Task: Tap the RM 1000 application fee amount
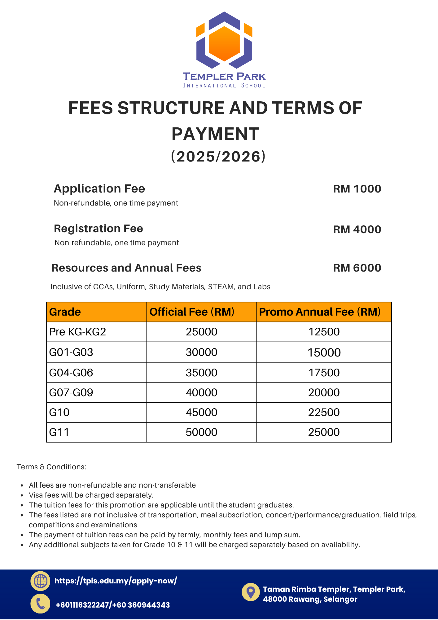coord(357,189)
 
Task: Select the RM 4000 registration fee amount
coord(357,229)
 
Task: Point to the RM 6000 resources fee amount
coord(357,268)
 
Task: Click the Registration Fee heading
coord(98,228)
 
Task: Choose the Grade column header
coord(65,312)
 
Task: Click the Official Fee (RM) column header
coord(192,312)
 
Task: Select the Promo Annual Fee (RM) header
coord(320,312)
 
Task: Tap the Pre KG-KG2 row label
coord(77,332)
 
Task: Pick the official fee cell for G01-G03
coord(201,352)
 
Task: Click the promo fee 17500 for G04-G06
coord(324,373)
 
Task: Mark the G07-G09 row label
coord(71,392)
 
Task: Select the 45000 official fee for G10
coord(201,412)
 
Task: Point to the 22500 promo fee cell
coord(324,412)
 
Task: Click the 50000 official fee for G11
coord(201,432)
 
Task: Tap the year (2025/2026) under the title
coord(218,157)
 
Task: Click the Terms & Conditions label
coord(51,467)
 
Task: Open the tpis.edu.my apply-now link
coord(116,581)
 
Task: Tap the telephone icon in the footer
coord(40,604)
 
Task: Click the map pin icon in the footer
coord(251,592)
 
